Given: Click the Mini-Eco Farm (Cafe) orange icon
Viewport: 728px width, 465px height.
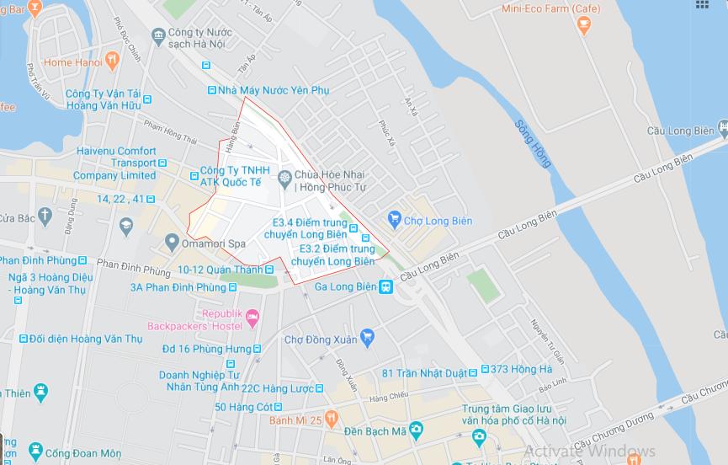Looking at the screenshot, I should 584,25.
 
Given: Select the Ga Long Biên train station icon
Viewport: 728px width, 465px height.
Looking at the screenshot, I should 385,287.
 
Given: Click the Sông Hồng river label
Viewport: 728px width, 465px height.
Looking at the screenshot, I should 533,143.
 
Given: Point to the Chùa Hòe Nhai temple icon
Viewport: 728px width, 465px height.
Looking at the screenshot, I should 284,177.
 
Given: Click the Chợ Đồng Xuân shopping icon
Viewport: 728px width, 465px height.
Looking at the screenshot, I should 366,339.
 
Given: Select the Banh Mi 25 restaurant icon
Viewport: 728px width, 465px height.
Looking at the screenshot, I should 332,419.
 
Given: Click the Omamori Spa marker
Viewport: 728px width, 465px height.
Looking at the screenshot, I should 172,243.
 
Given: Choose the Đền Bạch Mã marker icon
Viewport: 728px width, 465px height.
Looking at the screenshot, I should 415,430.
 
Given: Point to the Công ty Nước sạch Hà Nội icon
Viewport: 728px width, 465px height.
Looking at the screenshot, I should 158,35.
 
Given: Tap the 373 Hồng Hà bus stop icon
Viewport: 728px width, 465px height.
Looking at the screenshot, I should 485,370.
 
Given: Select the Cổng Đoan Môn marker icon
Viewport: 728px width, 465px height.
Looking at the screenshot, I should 35,452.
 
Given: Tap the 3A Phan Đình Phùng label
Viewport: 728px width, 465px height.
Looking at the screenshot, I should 178,287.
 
